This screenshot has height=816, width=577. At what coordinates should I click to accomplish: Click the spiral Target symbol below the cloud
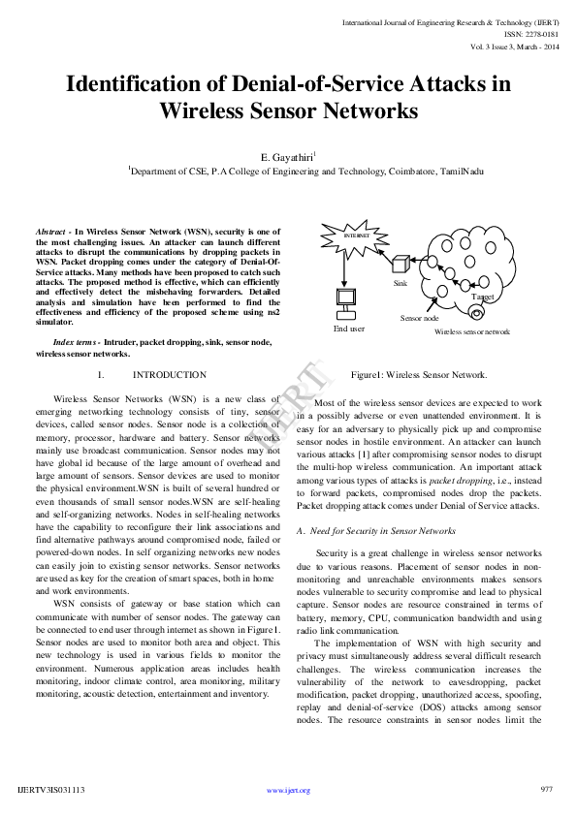coord(475,313)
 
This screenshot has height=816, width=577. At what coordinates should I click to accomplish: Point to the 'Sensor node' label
coord(420,318)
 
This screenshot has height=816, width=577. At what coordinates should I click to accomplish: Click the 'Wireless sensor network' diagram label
coord(471,331)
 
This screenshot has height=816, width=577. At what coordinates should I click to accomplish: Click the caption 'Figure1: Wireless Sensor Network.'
coord(419,374)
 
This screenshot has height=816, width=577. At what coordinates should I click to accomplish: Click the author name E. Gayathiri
coord(287,156)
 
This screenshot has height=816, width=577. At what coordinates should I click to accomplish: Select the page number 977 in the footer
coord(546,789)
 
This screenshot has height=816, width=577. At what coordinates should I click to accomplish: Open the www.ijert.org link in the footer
coord(288,790)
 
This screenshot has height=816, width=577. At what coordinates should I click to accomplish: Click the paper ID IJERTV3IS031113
coord(51,790)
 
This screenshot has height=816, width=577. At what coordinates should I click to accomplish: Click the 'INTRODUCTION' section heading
coord(170,374)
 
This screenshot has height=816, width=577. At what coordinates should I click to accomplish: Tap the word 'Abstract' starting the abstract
coord(50,234)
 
